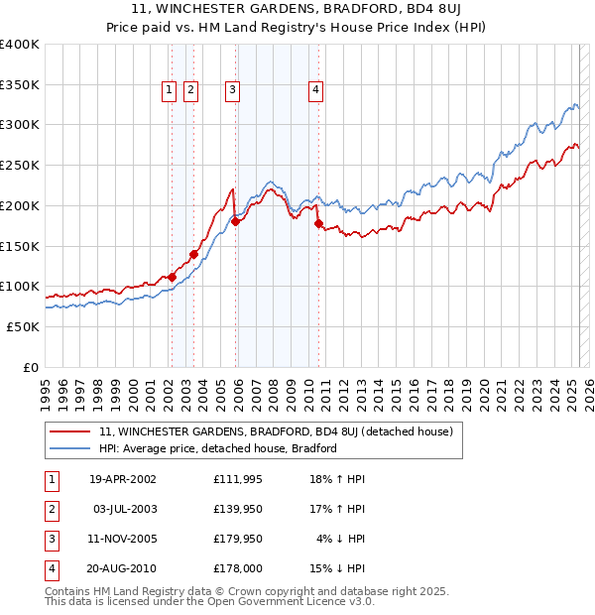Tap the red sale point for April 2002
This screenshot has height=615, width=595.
coord(172,277)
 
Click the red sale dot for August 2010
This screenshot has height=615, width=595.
coord(318,223)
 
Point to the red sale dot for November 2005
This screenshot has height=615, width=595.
coord(236,222)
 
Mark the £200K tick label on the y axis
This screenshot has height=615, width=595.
coord(20,205)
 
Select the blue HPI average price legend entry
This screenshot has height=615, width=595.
coord(218,448)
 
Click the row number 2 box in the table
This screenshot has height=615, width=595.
coord(50,509)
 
